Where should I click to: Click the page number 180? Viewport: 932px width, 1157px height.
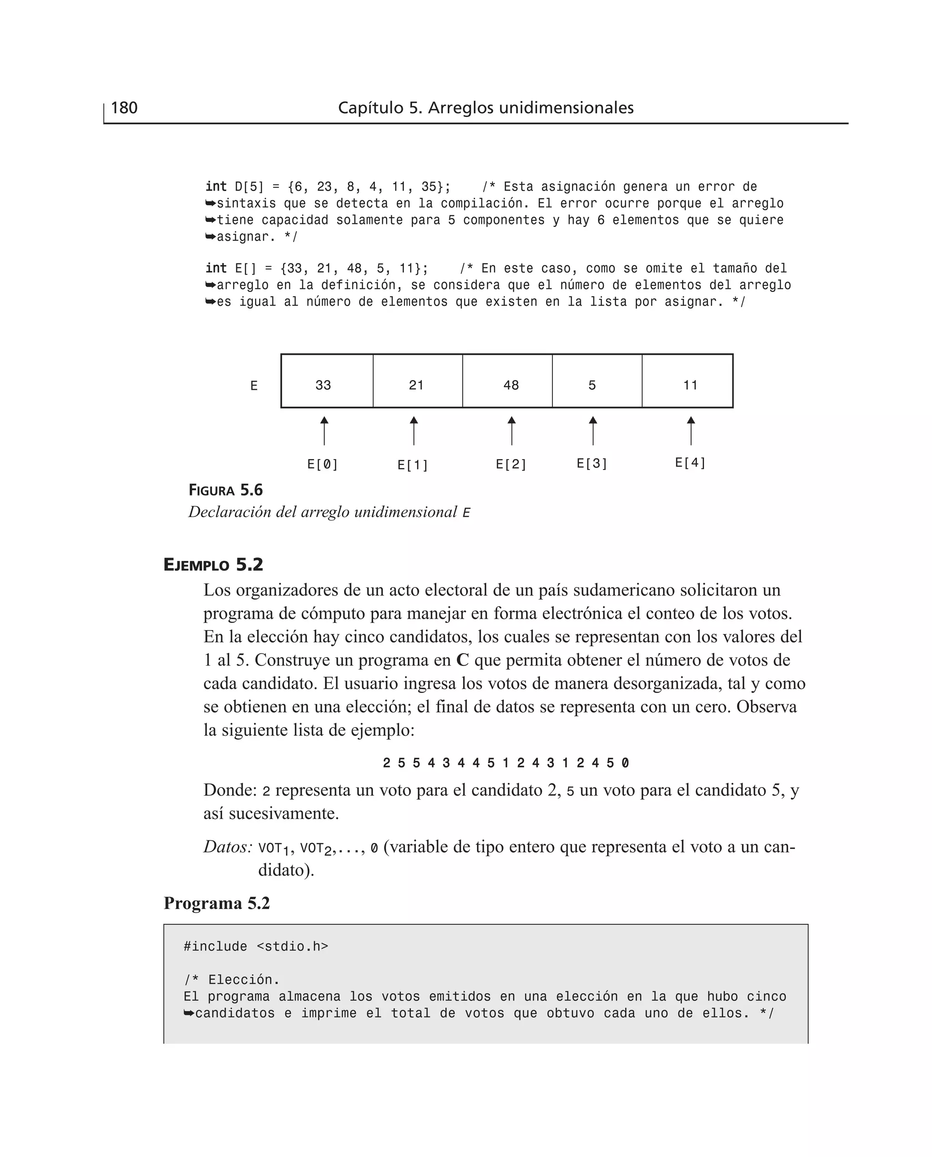pyautogui.click(x=124, y=108)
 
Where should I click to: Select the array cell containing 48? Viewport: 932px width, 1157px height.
pyautogui.click(x=507, y=381)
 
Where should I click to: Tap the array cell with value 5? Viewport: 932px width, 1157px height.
pyautogui.click(x=597, y=381)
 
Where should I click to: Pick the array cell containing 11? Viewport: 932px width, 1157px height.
pyautogui.click(x=687, y=381)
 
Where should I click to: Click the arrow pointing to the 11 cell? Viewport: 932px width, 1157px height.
pyautogui.click(x=691, y=430)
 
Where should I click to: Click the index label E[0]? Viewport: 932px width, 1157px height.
pyautogui.click(x=323, y=464)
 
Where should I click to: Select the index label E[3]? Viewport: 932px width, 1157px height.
pyautogui.click(x=592, y=463)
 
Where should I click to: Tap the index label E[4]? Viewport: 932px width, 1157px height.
pyautogui.click(x=690, y=463)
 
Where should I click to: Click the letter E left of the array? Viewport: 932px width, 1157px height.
pyautogui.click(x=254, y=386)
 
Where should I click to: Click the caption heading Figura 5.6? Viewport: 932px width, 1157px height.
pyautogui.click(x=225, y=490)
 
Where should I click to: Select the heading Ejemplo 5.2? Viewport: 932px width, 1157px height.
pyautogui.click(x=213, y=565)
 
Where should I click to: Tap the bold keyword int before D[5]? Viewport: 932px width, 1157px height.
pyautogui.click(x=216, y=187)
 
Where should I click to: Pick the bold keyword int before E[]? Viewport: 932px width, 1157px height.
pyautogui.click(x=216, y=268)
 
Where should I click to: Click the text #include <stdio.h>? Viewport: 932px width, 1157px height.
pyautogui.click(x=256, y=946)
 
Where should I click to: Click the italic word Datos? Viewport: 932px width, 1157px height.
pyautogui.click(x=228, y=847)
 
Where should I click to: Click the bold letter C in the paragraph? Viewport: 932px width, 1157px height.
pyautogui.click(x=462, y=660)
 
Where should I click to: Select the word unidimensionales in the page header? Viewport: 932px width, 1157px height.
pyautogui.click(x=567, y=108)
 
